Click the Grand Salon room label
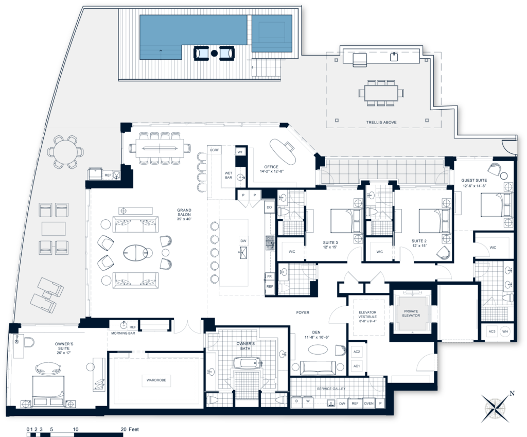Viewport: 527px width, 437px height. pos(184,213)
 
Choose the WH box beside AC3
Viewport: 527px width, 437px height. pos(505,332)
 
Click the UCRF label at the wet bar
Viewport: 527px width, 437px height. pos(215,150)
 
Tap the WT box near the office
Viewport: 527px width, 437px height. pos(240,152)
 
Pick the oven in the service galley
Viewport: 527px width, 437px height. pos(368,404)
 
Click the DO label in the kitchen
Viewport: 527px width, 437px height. pos(269,207)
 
